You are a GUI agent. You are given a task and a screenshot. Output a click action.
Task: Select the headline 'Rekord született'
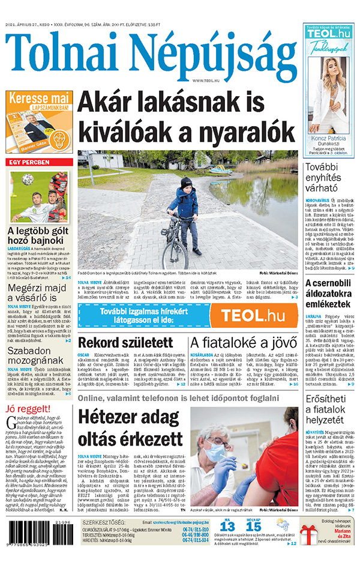click(118, 343)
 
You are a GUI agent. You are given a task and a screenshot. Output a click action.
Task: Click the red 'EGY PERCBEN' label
click(29, 163)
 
